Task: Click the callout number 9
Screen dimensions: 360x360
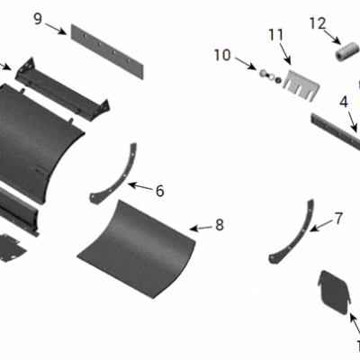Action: pos(37,18)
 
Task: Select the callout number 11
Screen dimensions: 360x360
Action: pos(275,35)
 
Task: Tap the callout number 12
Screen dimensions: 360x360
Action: pos(318,22)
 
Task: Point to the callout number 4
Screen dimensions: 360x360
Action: pos(343,103)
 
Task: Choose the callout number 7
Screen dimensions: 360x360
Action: pos(338,218)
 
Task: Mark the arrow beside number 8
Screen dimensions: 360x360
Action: pos(202,227)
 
